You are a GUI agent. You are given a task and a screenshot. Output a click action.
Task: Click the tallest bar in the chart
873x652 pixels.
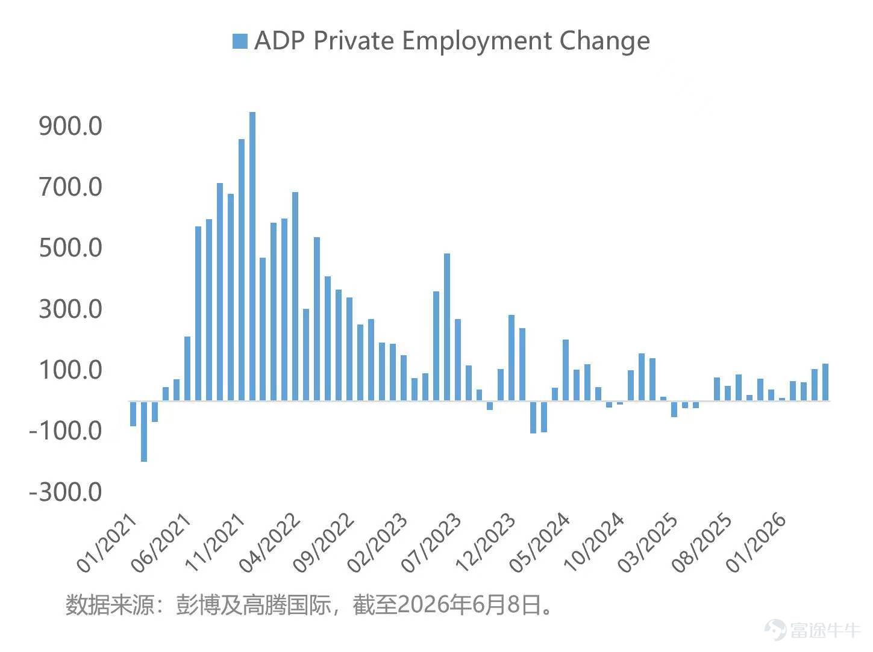click(252, 256)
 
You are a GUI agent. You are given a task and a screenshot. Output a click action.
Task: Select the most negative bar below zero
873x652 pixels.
click(144, 432)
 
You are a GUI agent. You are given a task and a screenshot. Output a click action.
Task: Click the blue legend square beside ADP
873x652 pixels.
click(240, 41)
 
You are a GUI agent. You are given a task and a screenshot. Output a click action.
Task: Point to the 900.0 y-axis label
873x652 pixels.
click(70, 126)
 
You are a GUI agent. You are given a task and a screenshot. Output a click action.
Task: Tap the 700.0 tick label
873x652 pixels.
click(70, 187)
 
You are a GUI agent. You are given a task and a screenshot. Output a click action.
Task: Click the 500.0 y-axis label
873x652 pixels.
click(70, 248)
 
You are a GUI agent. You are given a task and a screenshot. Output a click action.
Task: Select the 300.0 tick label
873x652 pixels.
click(70, 309)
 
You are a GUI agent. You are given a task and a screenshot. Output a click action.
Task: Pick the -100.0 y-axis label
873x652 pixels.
click(66, 430)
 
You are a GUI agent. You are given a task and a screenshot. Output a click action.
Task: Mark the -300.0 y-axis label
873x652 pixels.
click(66, 492)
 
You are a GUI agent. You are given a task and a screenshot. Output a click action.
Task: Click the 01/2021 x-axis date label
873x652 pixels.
click(107, 543)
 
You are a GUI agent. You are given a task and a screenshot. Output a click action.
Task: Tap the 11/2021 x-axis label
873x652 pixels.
click(214, 543)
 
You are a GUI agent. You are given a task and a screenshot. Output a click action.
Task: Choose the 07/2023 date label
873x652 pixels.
click(431, 543)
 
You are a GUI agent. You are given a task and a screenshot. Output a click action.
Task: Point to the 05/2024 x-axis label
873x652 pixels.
click(539, 543)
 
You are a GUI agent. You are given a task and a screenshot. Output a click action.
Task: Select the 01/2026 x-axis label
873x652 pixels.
click(756, 543)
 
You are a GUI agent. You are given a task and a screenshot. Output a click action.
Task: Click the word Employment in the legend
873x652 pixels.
click(477, 42)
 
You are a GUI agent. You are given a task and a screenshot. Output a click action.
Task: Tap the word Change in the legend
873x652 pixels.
click(605, 42)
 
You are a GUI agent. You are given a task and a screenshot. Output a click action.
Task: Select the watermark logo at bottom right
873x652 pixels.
click(775, 630)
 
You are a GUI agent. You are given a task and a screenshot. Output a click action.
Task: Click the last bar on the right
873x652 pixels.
click(825, 382)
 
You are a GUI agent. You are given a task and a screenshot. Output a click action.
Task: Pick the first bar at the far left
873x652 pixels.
click(133, 414)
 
